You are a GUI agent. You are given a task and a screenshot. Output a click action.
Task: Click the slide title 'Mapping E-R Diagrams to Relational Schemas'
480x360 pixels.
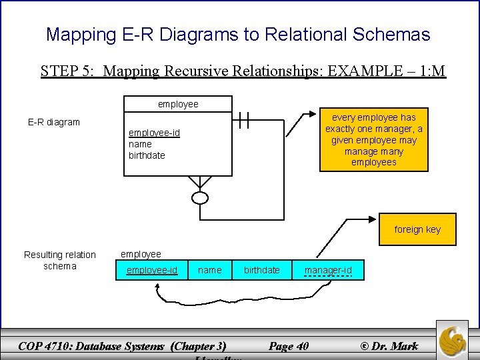238,35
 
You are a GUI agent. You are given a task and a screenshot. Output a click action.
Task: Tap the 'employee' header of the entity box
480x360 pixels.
178,104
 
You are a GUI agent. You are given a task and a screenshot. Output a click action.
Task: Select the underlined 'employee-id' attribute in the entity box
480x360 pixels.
154,133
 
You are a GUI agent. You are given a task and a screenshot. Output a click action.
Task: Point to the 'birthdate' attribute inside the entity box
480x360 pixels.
147,155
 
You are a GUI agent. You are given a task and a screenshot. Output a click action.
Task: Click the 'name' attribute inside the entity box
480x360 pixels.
140,144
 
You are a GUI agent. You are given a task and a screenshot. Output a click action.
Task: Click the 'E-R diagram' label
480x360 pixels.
54,122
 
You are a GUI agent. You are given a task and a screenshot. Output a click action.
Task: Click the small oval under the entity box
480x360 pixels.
200,197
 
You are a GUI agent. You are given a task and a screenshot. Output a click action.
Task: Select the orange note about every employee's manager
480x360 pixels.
373,139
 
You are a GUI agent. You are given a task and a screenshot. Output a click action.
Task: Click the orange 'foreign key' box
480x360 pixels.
417,229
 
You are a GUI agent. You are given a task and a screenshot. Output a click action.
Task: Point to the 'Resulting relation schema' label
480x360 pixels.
60,260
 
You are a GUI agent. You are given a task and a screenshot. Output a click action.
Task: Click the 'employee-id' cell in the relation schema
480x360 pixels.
152,270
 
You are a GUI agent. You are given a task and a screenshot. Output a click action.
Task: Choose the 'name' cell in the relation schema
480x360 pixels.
210,270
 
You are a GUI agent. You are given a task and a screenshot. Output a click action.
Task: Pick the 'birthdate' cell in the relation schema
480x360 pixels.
262,270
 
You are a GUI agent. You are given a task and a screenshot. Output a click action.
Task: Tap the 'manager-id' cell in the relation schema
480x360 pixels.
328,270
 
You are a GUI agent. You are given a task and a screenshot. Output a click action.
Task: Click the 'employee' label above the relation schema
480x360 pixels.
141,254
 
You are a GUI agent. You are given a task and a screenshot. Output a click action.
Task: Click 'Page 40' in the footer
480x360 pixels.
289,345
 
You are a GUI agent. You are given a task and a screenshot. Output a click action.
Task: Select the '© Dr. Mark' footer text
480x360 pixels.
389,345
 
